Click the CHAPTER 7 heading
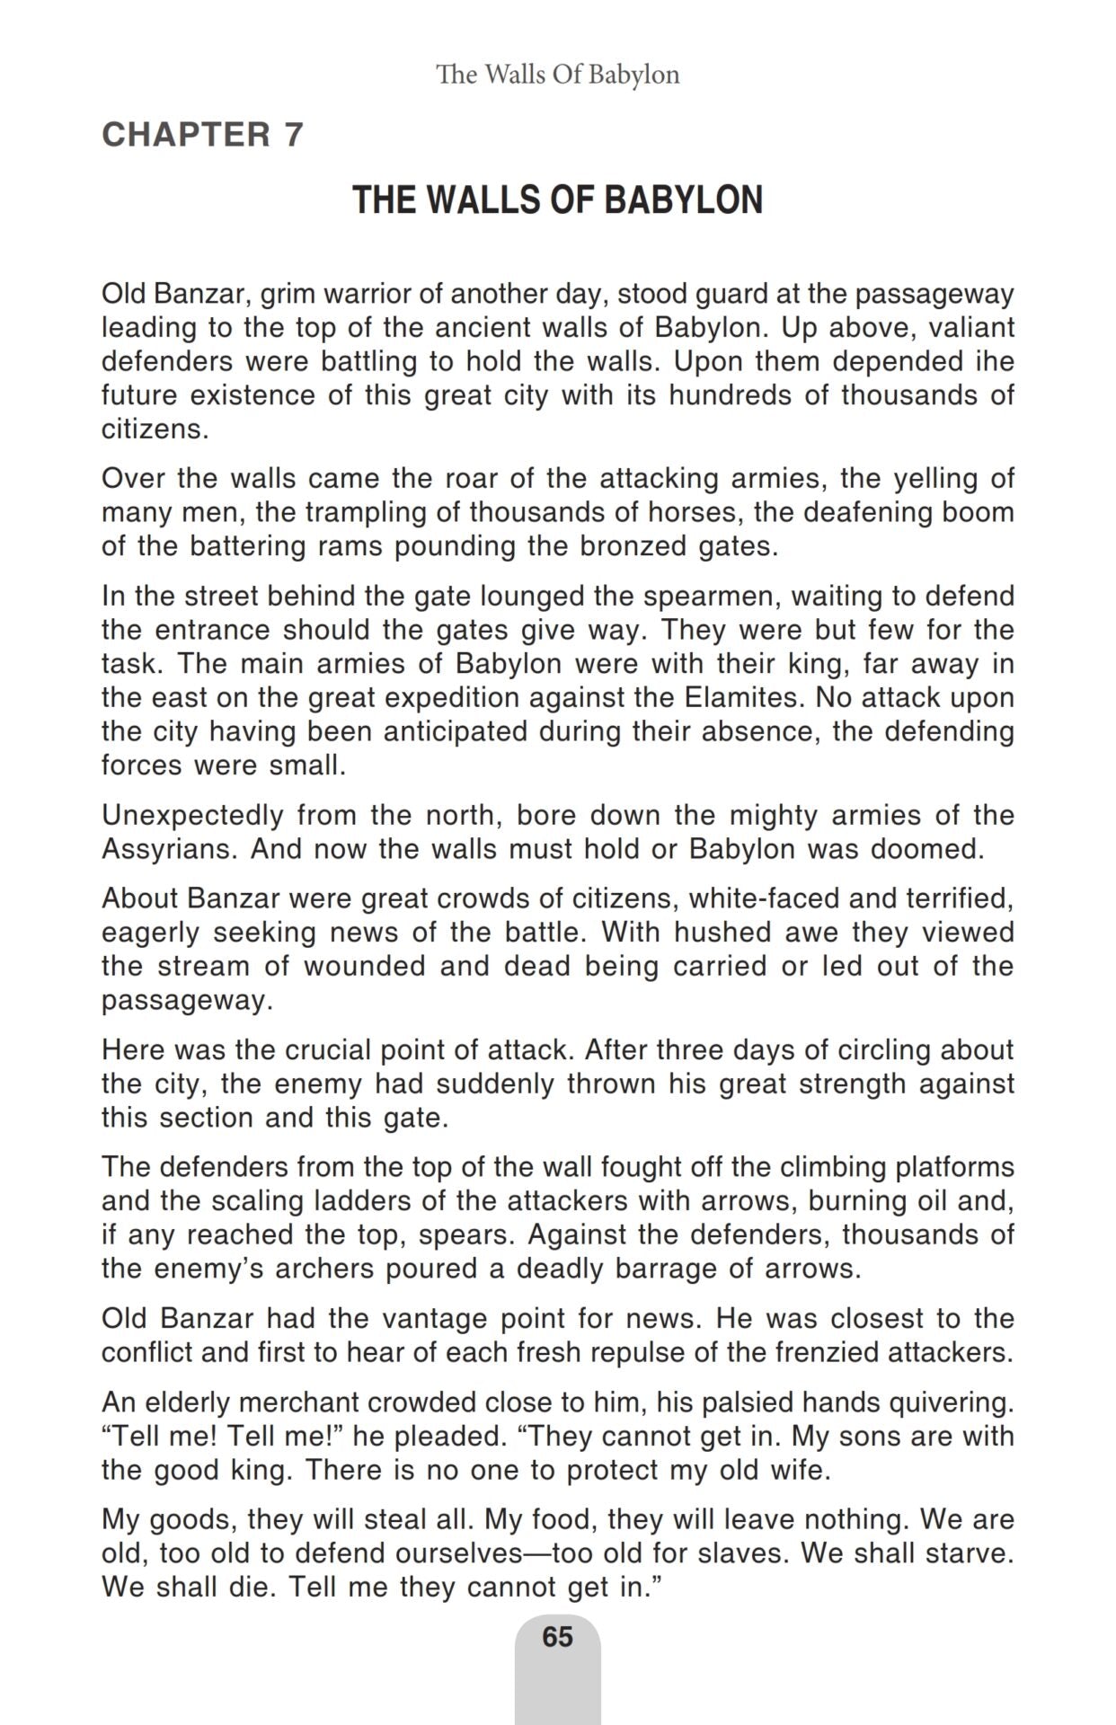pyautogui.click(x=202, y=135)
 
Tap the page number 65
pyautogui.click(x=557, y=1636)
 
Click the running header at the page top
pyautogui.click(x=557, y=75)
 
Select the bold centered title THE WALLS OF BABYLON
pyautogui.click(x=557, y=199)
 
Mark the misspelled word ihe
pyautogui.click(x=994, y=361)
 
